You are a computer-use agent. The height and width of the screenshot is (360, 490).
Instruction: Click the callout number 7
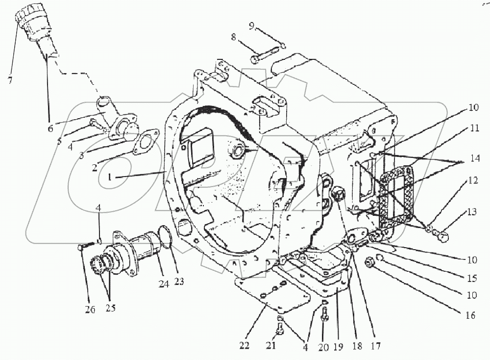click(x=10, y=80)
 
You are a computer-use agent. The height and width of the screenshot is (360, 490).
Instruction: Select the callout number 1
click(x=109, y=178)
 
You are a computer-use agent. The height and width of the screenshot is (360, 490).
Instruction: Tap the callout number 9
click(x=252, y=26)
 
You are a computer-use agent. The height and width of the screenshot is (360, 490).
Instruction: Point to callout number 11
click(x=474, y=128)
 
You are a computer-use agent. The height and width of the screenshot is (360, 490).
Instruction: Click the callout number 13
click(x=472, y=212)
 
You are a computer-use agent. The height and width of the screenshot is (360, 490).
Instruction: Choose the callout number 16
click(x=470, y=315)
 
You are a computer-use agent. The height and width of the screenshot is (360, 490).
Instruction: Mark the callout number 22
click(x=245, y=345)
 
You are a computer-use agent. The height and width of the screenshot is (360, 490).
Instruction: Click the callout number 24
click(x=164, y=283)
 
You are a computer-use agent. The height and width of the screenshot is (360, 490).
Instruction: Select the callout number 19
click(x=338, y=347)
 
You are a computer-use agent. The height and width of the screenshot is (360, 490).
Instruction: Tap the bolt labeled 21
click(x=280, y=329)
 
